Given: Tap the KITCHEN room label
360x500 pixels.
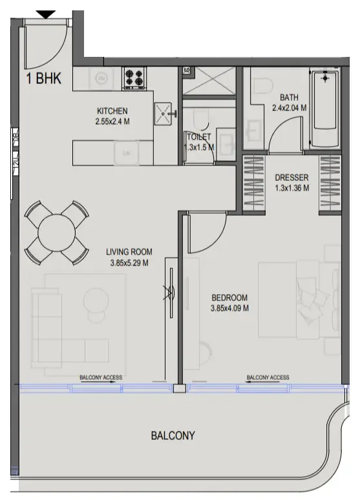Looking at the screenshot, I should pyautogui.click(x=112, y=110).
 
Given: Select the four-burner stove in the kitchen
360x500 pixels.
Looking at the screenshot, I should pyautogui.click(x=134, y=78).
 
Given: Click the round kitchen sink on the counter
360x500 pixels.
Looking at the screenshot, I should pyautogui.click(x=101, y=78).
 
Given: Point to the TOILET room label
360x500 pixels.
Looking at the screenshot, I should pyautogui.click(x=198, y=136).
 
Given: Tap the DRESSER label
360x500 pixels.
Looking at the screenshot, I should pyautogui.click(x=291, y=178).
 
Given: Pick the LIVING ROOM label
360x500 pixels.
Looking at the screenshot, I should pyautogui.click(x=129, y=252).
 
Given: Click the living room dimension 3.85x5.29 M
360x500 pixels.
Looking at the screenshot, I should pyautogui.click(x=129, y=263).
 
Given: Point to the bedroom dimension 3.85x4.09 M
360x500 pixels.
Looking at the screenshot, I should pyautogui.click(x=230, y=308).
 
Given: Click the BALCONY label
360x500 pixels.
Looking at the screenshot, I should pyautogui.click(x=173, y=435).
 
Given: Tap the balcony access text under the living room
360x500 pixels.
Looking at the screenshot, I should pyautogui.click(x=101, y=378).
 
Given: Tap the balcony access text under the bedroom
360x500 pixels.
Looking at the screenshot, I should pyautogui.click(x=268, y=378).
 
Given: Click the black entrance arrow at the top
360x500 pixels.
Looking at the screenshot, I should pyautogui.click(x=45, y=14).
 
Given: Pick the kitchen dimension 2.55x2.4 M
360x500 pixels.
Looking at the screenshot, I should pyautogui.click(x=112, y=120).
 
